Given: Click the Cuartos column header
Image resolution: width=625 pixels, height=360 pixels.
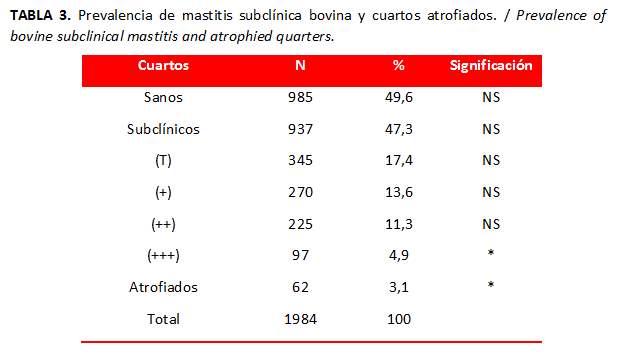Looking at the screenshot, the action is click(x=163, y=65).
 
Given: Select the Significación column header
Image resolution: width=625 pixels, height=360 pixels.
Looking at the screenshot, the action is click(x=491, y=65).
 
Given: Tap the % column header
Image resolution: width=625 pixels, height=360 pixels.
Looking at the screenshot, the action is click(x=399, y=65).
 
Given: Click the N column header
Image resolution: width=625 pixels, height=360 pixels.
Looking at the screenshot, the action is click(x=300, y=65).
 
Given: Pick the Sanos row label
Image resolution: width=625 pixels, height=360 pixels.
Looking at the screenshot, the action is click(x=163, y=97).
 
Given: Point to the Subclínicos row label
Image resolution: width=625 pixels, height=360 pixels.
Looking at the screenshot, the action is click(x=163, y=129).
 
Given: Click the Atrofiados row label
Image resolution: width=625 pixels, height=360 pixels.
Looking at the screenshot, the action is click(x=163, y=287).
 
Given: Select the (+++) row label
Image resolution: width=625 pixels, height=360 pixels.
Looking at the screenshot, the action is click(x=163, y=255).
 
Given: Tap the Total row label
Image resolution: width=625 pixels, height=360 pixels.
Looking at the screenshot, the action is click(x=163, y=319).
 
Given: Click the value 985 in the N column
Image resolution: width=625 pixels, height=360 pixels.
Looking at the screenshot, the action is click(x=301, y=97).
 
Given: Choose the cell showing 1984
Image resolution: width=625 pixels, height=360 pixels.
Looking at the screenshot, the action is click(x=301, y=319).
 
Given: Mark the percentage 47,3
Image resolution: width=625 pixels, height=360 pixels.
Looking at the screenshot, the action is click(x=399, y=129).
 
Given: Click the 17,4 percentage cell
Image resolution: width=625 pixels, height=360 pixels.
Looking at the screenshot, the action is click(x=399, y=160).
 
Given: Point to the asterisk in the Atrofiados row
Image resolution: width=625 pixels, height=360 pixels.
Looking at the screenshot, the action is click(x=491, y=285).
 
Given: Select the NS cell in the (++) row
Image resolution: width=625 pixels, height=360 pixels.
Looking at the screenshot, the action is click(x=491, y=224).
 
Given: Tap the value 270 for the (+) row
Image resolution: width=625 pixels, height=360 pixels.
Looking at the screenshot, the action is click(x=301, y=192).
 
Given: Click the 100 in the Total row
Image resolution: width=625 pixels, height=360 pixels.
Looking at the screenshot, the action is click(x=399, y=319).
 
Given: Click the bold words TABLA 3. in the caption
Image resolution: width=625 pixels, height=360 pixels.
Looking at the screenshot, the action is click(x=40, y=15).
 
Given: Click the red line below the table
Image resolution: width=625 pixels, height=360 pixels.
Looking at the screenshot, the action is click(x=312, y=342).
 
